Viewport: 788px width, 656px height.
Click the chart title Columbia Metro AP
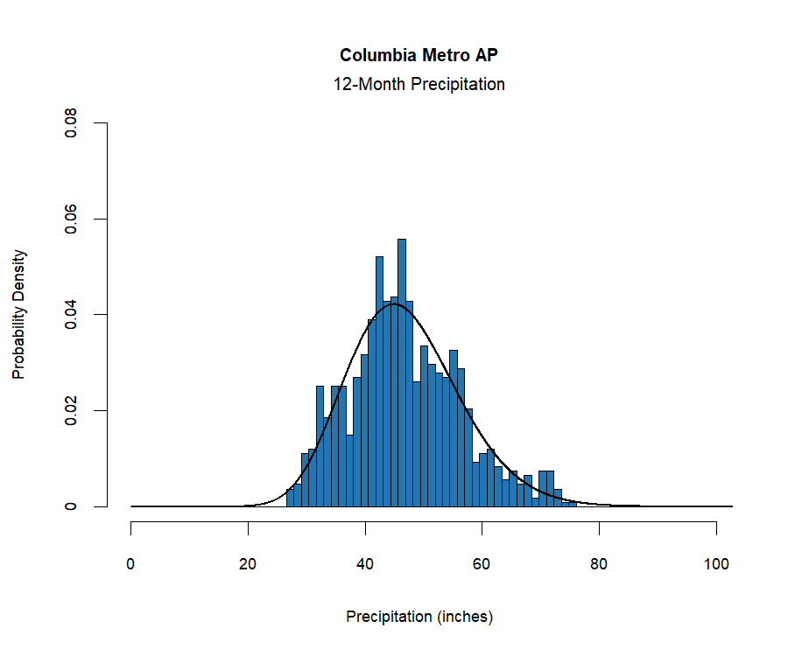tap(419, 55)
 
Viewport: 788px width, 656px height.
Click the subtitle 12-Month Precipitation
tap(419, 85)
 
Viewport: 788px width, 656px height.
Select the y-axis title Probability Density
tap(18, 315)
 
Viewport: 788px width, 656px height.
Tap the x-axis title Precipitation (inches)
tap(419, 617)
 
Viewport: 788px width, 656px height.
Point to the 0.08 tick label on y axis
tap(71, 123)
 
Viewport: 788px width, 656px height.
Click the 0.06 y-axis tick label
tap(71, 219)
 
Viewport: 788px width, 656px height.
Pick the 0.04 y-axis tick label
tap(71, 315)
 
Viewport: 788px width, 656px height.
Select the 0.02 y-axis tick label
tap(71, 410)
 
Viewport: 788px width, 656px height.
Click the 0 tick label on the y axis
tap(71, 506)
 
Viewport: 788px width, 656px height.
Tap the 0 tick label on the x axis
tap(131, 564)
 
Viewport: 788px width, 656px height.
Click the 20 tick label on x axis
tap(248, 564)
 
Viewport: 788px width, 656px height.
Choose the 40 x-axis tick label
tap(365, 564)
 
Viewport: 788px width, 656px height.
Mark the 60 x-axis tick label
tap(482, 564)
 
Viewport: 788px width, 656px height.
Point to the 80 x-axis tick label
tap(599, 564)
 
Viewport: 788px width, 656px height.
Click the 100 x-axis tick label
tap(716, 564)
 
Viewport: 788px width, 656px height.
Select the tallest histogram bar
tap(402, 376)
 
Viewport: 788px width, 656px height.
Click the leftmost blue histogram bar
tap(290, 499)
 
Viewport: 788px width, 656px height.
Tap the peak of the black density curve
tap(394, 304)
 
